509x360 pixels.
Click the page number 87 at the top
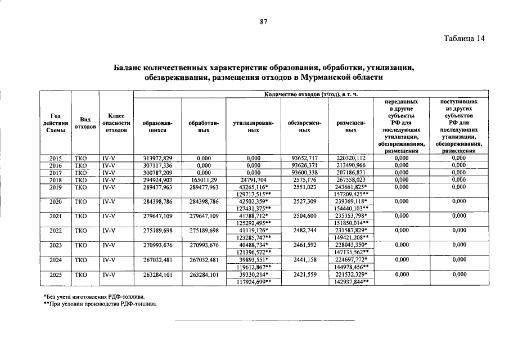pyautogui.click(x=263, y=22)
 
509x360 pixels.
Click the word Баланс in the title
pyautogui.click(x=130, y=67)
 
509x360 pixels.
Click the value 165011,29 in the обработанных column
pyautogui.click(x=204, y=179)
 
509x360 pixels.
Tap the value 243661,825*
pyautogui.click(x=352, y=186)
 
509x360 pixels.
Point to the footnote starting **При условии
pyautogui.click(x=100, y=304)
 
